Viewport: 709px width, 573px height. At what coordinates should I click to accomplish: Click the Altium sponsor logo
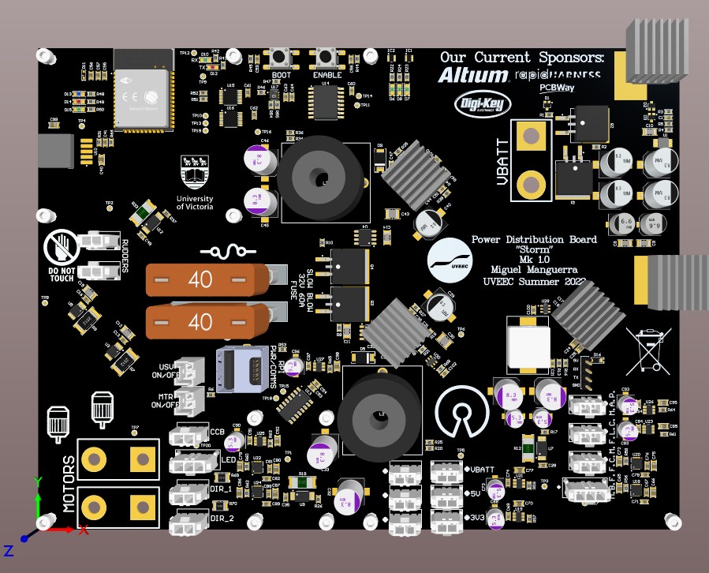(x=473, y=76)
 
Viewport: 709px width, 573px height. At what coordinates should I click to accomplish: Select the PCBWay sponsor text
(x=557, y=88)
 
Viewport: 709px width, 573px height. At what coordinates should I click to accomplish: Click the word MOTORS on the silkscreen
(x=68, y=484)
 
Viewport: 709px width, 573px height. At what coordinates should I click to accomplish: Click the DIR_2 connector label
(x=222, y=519)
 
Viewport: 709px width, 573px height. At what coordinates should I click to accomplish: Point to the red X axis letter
(x=84, y=530)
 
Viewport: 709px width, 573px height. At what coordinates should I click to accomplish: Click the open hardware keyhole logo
(x=463, y=410)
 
